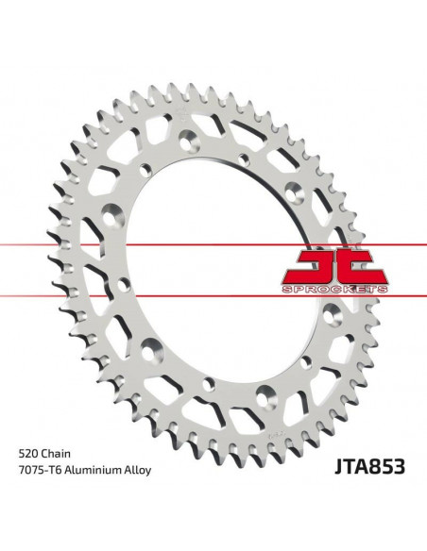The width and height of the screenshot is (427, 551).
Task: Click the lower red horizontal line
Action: point(142,275)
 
